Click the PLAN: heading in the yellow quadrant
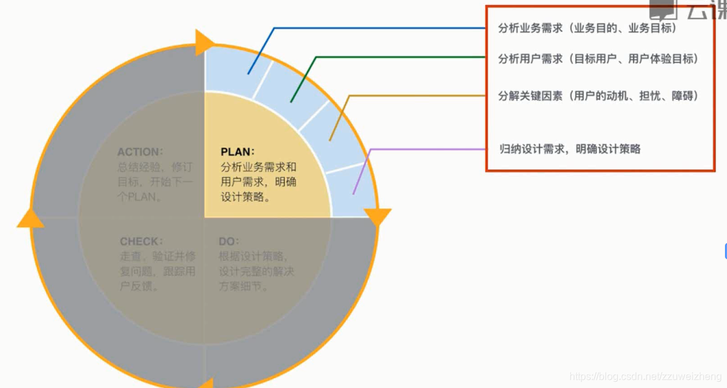coord(237,152)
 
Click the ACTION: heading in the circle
coord(140,152)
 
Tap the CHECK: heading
coord(141,242)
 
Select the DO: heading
coord(229,242)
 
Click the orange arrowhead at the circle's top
coord(206,42)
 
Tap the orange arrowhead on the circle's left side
coord(30,218)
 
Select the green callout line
coord(396,57)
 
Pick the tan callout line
coord(415,96)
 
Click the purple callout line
coord(428,149)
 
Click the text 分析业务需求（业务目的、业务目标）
coord(587,29)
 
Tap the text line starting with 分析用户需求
coord(598,59)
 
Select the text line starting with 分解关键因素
coord(598,96)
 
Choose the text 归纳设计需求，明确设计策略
coord(569,149)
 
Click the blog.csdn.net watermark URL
coord(645,377)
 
